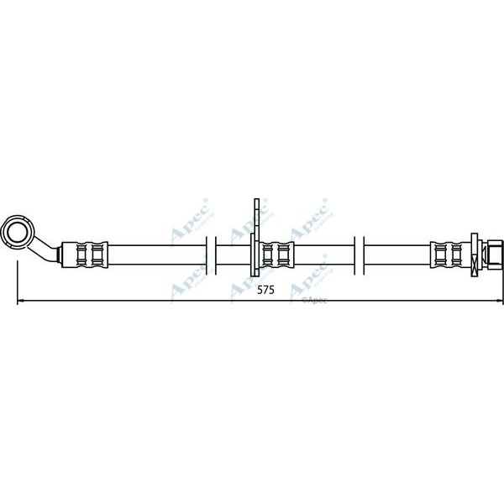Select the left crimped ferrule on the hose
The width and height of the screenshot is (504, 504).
pos(85,253)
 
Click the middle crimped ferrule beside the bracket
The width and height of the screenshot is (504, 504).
pos(275,253)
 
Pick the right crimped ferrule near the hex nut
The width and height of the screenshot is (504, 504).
pos(452,253)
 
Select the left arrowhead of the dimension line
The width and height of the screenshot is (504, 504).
pos(21,301)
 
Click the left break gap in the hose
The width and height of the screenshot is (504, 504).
pos(211,253)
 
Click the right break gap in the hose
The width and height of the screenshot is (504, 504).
pos(358,253)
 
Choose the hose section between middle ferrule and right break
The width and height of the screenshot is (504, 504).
pos(323,253)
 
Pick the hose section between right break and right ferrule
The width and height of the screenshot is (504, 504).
pos(396,253)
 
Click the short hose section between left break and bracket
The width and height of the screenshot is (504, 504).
pos(234,253)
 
